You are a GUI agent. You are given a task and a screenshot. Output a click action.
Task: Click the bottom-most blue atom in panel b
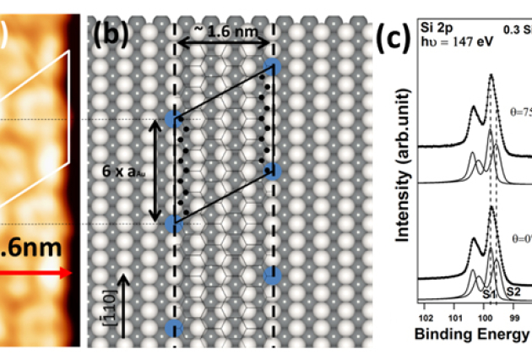tap(174, 329)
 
